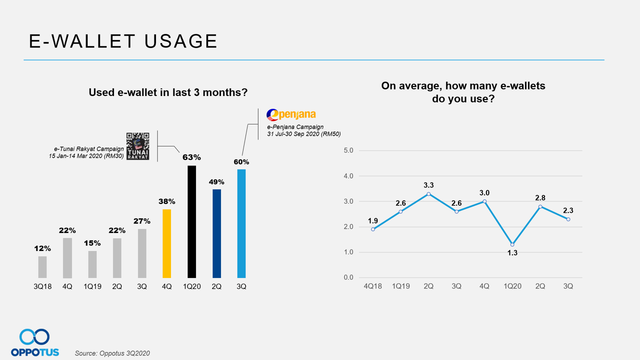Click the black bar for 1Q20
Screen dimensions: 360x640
tap(191, 221)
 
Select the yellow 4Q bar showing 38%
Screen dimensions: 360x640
tap(167, 243)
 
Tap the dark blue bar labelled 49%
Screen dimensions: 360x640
tap(216, 233)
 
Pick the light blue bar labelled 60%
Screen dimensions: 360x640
tap(241, 223)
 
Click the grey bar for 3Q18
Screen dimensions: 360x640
tap(42, 267)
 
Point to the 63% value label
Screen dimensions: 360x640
tap(191, 157)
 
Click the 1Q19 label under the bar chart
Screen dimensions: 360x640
tap(92, 287)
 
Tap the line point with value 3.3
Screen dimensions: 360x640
tap(428, 194)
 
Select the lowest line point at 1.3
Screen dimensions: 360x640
tap(512, 244)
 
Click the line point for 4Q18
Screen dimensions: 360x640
tap(373, 229)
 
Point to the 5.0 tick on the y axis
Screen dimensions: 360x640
tap(348, 150)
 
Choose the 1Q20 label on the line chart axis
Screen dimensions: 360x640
tap(512, 286)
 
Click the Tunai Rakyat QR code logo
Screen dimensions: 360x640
tap(137, 146)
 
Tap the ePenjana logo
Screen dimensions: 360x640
tap(291, 115)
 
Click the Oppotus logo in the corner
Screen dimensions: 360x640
tap(34, 342)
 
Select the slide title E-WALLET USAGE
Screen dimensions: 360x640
tap(123, 41)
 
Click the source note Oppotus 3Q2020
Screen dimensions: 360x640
tap(112, 353)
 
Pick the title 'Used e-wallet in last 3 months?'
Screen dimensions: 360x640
tap(168, 92)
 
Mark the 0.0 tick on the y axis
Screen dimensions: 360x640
tap(348, 278)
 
